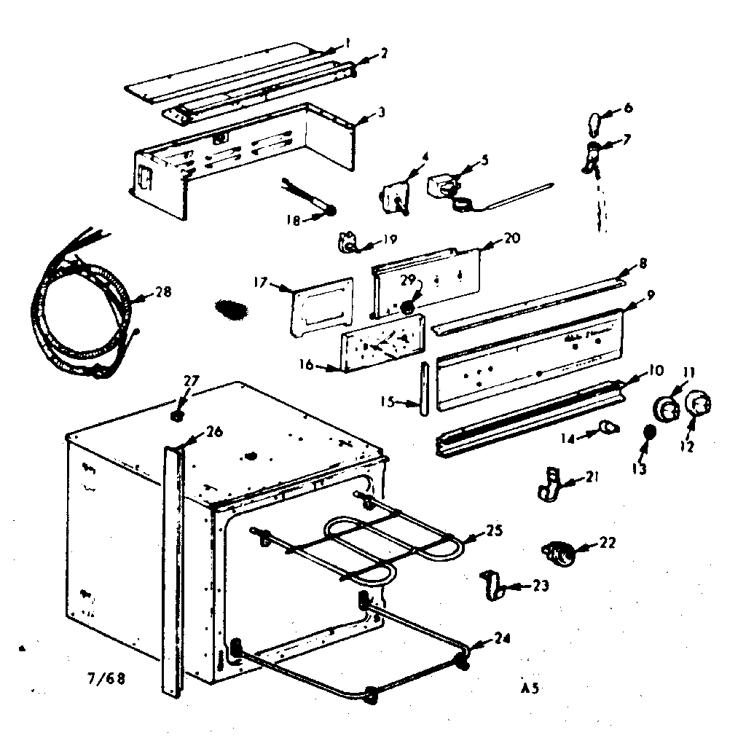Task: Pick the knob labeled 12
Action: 697,405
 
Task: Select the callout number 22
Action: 607,542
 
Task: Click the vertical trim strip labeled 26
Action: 172,568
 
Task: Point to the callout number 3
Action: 382,113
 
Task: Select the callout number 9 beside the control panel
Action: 650,295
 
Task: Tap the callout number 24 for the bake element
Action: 500,639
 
